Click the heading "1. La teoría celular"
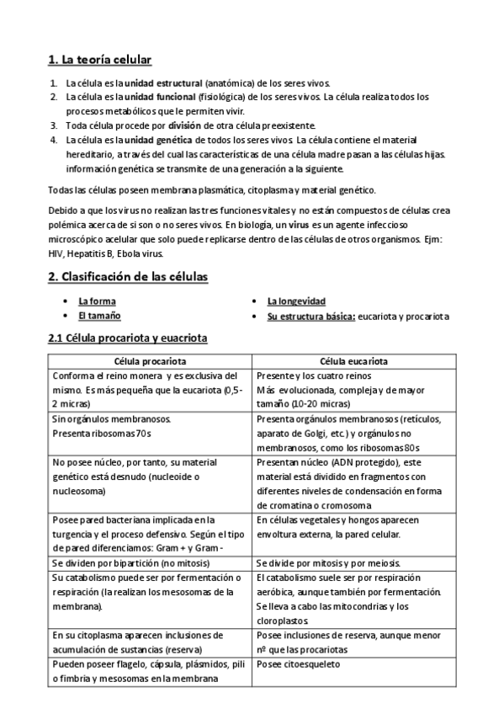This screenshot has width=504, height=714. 99,60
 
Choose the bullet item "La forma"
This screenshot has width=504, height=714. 97,301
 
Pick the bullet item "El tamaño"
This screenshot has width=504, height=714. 99,316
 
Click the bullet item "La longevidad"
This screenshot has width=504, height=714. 296,301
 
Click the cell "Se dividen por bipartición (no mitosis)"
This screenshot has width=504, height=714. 136,562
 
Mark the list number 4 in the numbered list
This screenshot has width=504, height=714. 54,139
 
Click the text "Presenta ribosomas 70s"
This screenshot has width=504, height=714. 102,433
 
